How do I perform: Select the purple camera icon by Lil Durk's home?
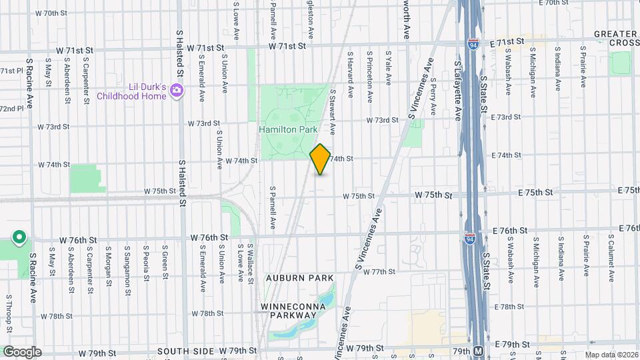177,90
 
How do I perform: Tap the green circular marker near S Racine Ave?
19,237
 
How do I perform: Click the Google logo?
22,351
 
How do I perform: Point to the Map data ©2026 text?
611,355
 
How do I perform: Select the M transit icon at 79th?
478,351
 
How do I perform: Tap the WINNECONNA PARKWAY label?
293,312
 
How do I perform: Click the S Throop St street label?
9,313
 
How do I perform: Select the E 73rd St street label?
506,117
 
